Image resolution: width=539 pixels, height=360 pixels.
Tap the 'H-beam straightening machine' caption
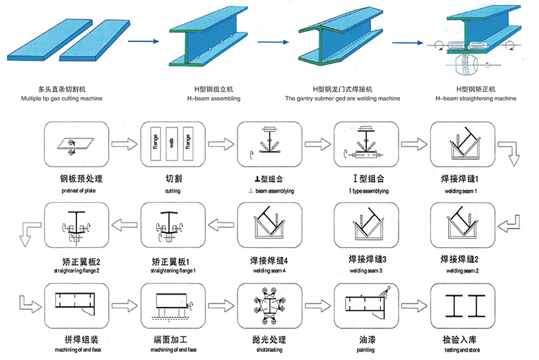pyautogui.click(x=476, y=98)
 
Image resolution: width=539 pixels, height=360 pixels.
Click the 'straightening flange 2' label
pyautogui.click(x=72, y=271)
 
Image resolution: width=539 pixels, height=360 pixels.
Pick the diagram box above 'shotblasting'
pyautogui.click(x=265, y=306)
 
